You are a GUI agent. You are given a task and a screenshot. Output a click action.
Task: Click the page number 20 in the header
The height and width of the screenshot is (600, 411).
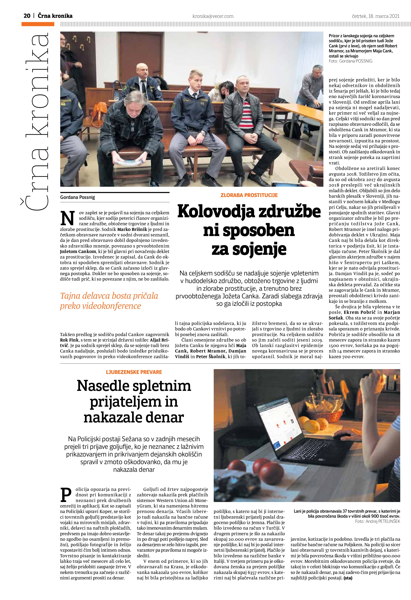(27, 16)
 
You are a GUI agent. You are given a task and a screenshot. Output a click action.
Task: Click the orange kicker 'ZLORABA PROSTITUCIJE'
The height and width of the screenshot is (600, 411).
(249, 195)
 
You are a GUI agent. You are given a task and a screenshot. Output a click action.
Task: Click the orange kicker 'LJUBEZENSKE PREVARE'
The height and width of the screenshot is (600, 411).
(134, 372)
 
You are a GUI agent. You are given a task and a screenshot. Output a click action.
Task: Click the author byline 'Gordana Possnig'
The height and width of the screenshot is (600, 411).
(78, 197)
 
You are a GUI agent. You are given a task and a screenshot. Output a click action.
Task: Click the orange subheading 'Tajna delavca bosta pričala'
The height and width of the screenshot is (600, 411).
(109, 296)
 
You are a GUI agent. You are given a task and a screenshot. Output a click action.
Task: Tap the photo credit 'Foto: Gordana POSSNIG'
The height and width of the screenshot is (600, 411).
(350, 61)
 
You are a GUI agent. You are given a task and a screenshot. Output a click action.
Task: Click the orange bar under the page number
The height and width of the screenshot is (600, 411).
(38, 24)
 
